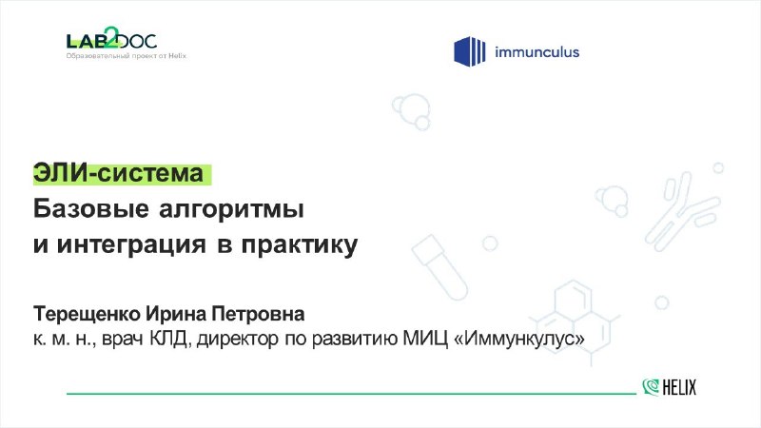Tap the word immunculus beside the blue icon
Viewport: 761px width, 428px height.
coord(537,51)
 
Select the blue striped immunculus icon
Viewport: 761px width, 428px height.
coord(469,51)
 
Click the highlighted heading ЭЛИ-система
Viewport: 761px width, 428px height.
coord(118,173)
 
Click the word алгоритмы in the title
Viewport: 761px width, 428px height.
coord(231,210)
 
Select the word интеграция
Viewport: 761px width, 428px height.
coord(131,244)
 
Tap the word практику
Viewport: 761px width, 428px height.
coord(300,245)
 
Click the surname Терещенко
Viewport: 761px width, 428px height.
coord(87,315)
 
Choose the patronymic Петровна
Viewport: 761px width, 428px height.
coord(258,314)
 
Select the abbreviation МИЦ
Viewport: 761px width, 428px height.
coord(425,339)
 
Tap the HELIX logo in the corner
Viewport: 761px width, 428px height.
coord(670,387)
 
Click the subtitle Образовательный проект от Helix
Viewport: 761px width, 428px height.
coord(127,56)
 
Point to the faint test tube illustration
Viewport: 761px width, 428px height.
coord(439,267)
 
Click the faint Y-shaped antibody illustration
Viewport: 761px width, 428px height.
coord(682,212)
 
